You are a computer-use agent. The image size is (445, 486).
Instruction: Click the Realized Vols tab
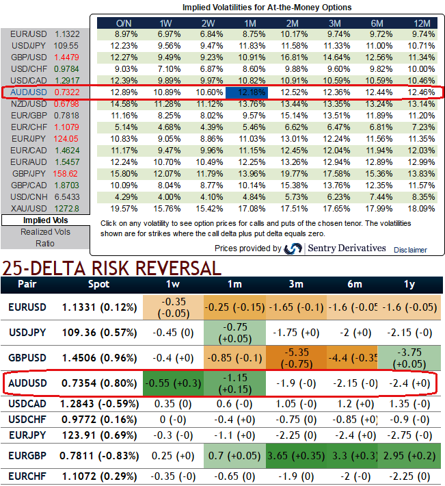[45, 231]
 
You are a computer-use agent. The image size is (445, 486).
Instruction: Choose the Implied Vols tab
[45, 220]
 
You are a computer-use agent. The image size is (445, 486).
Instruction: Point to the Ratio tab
[45, 242]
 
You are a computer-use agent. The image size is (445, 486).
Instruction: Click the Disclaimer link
[409, 250]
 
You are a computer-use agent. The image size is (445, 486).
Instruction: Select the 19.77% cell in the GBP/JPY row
[296, 174]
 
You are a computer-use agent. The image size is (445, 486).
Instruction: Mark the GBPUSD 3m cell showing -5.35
[296, 357]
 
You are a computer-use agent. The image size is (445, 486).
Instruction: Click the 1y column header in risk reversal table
[409, 283]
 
